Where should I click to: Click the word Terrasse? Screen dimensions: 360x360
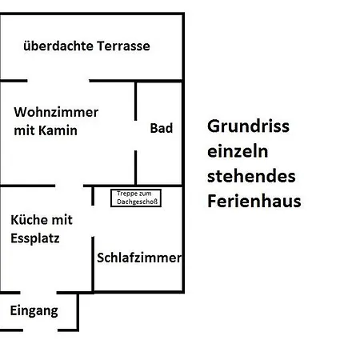pyautogui.click(x=123, y=46)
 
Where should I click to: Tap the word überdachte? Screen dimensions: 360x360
pyautogui.click(x=58, y=46)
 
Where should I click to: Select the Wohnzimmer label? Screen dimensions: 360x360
pyautogui.click(x=56, y=112)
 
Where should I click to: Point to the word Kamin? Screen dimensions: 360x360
pyautogui.click(x=58, y=130)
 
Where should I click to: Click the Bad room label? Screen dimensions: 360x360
pyautogui.click(x=162, y=128)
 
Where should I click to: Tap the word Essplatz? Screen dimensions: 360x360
pyautogui.click(x=35, y=238)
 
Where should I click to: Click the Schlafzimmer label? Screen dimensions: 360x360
pyautogui.click(x=139, y=258)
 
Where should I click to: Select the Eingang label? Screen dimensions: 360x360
pyautogui.click(x=34, y=311)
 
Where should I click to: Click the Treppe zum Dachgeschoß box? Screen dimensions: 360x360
pyautogui.click(x=136, y=198)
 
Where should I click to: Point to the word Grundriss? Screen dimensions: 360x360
pyautogui.click(x=248, y=126)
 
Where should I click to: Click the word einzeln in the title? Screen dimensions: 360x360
pyautogui.click(x=238, y=151)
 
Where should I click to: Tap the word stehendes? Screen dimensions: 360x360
pyautogui.click(x=251, y=176)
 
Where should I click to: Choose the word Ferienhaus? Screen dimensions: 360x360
pyautogui.click(x=254, y=201)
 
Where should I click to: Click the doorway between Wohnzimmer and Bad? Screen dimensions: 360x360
pyautogui.click(x=135, y=135)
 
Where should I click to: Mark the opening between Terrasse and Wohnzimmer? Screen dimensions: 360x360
pyautogui.click(x=58, y=81)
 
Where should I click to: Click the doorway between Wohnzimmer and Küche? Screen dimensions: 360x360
pyautogui.click(x=69, y=186)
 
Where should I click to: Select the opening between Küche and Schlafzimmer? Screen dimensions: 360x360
pyautogui.click(x=93, y=221)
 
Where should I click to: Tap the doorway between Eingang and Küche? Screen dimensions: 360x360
pyautogui.click(x=38, y=293)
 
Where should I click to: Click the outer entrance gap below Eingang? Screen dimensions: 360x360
pyautogui.click(x=40, y=330)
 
